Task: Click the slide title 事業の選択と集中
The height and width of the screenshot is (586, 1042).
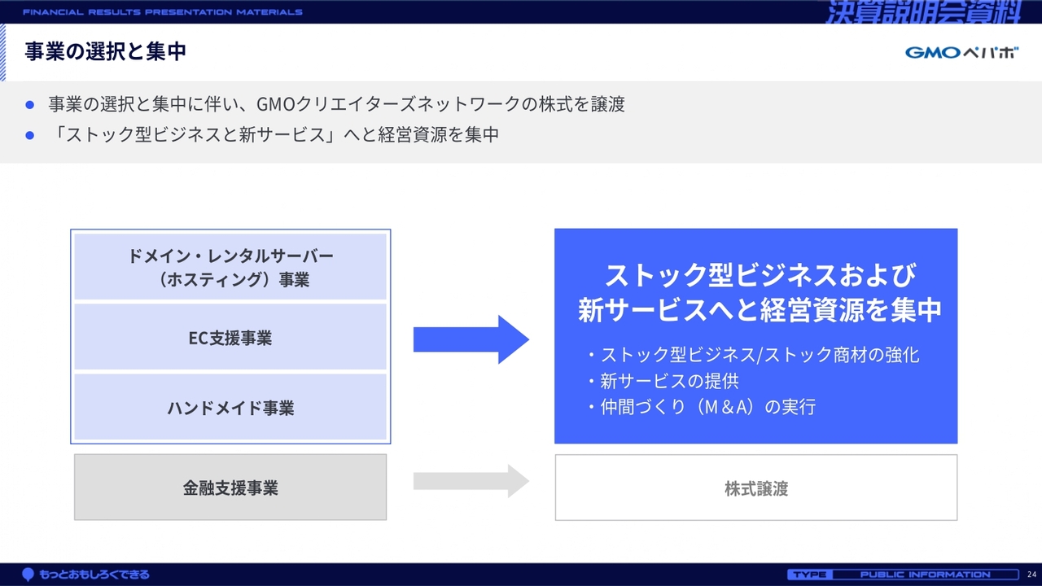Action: click(106, 51)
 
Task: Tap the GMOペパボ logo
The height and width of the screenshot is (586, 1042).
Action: click(961, 53)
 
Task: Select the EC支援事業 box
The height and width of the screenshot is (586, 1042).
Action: click(230, 337)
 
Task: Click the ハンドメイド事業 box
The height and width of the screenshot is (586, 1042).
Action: click(230, 408)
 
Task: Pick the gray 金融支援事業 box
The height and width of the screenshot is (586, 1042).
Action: click(230, 488)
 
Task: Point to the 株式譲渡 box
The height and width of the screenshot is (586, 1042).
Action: click(756, 488)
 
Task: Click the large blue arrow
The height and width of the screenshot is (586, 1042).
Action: click(471, 339)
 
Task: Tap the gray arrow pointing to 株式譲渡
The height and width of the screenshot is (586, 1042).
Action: click(471, 481)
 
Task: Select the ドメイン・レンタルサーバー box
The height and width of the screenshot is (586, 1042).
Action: click(230, 267)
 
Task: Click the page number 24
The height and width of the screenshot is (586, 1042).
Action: click(1031, 575)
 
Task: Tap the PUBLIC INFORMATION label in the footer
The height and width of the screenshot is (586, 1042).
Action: click(925, 575)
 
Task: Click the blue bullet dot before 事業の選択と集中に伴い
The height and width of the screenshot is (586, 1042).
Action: click(30, 105)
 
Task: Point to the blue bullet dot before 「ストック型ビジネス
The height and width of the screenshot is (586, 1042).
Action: click(30, 135)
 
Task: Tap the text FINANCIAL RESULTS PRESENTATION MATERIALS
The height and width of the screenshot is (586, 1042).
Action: click(162, 12)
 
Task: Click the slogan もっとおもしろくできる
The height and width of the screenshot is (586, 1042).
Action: click(94, 575)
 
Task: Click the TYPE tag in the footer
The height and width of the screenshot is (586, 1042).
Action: click(810, 575)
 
